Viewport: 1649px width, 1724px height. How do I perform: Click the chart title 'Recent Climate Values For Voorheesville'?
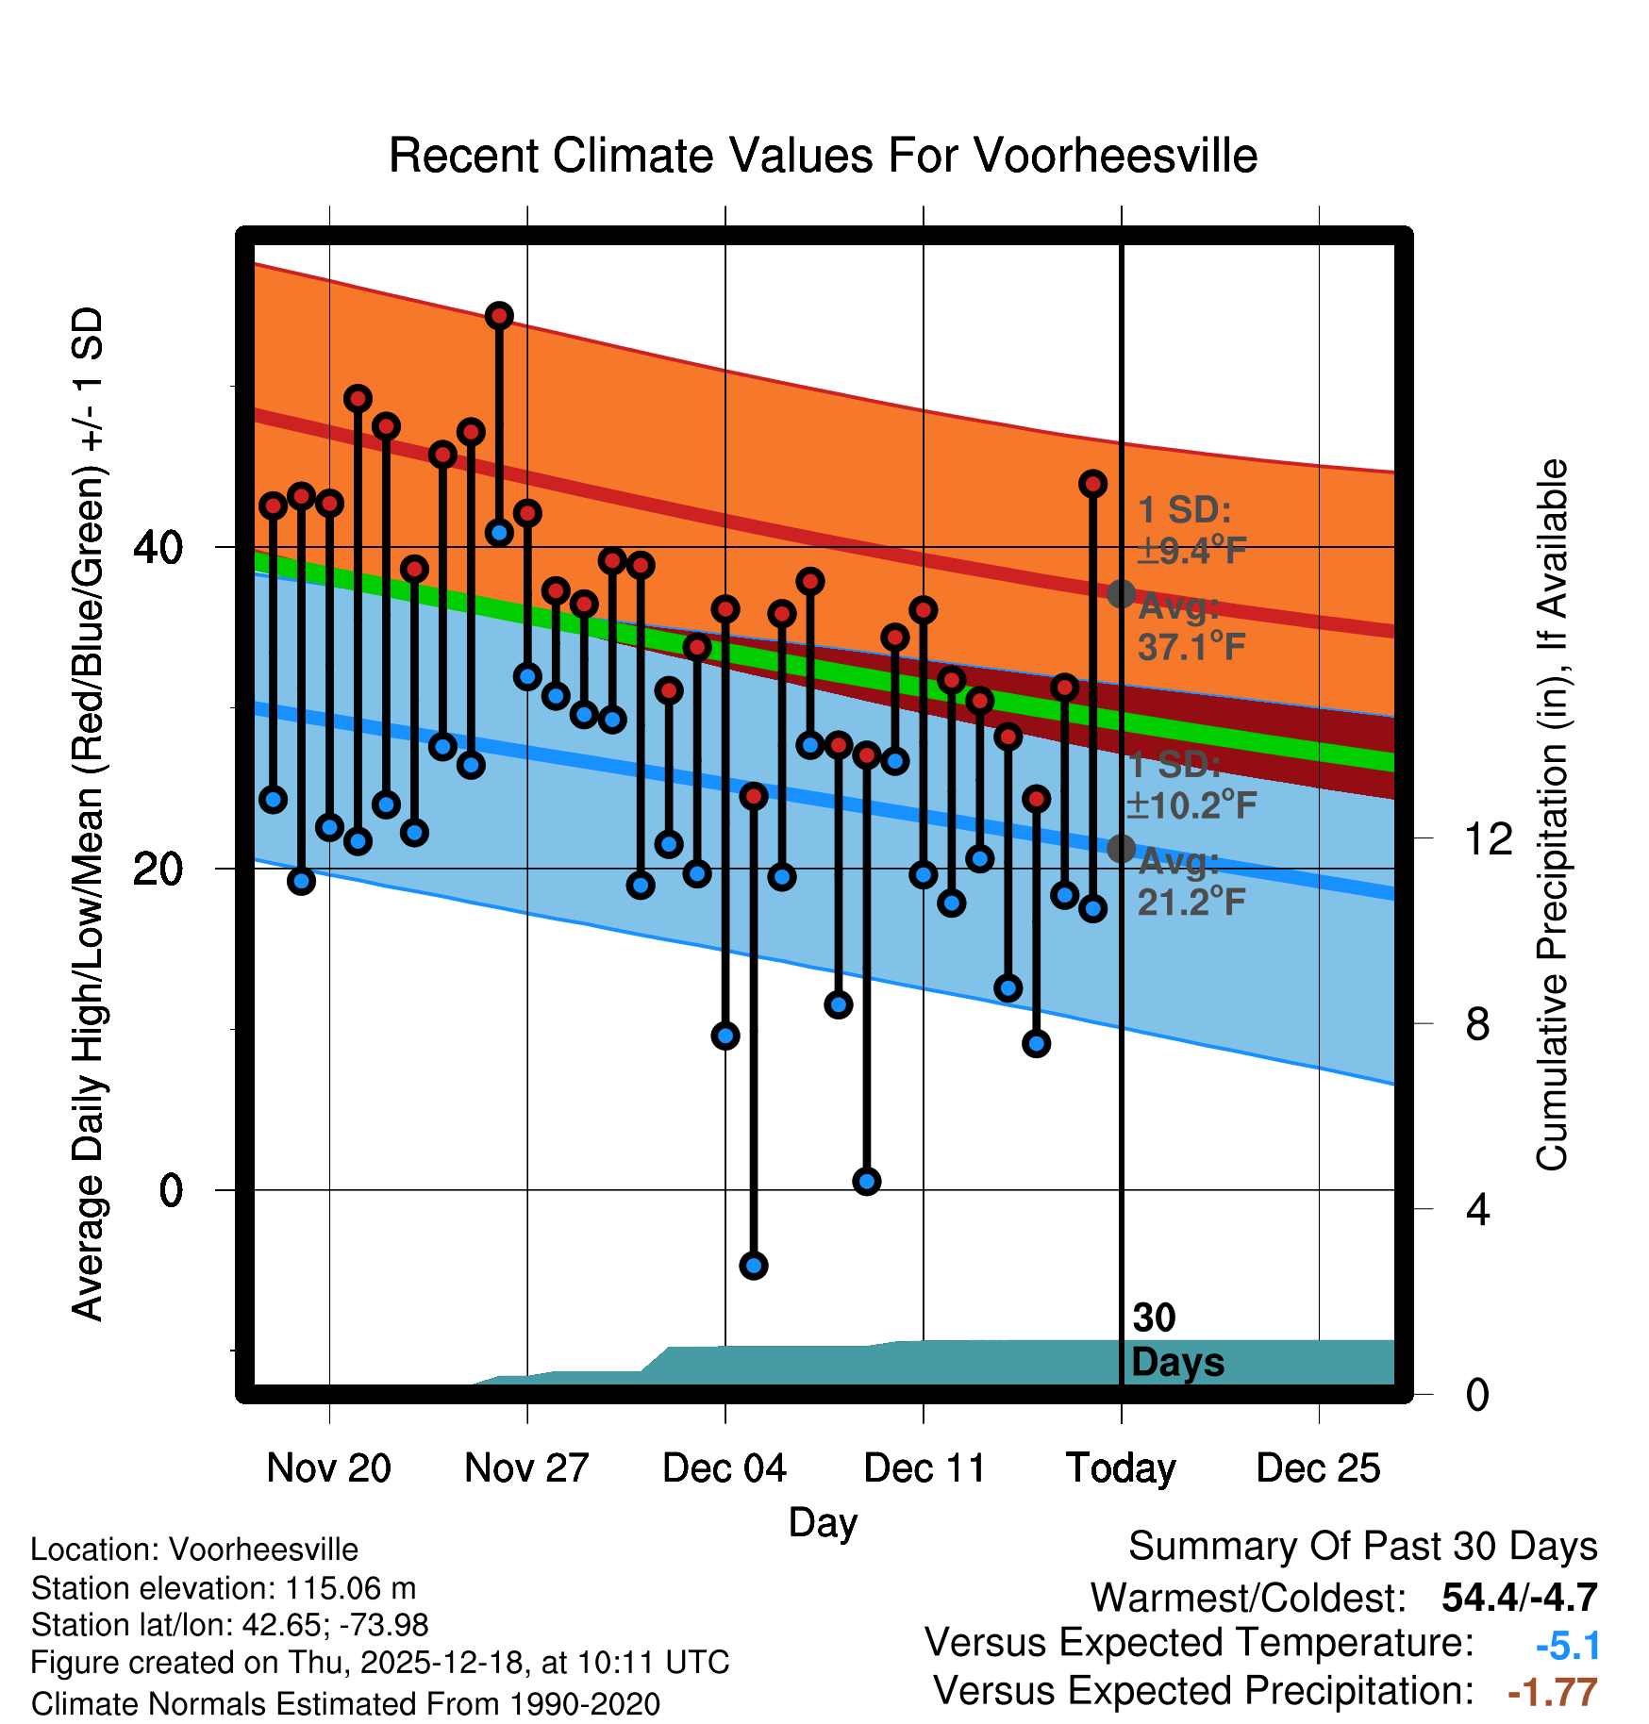[x=823, y=156]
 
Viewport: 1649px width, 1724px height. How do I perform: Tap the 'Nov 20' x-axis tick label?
[x=328, y=1467]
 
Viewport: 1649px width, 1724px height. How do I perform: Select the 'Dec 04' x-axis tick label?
[x=725, y=1467]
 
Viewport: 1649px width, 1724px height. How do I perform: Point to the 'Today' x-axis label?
[x=1121, y=1467]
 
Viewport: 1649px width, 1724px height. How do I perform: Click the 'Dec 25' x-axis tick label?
[x=1318, y=1467]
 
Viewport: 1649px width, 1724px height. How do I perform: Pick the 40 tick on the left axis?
[x=158, y=547]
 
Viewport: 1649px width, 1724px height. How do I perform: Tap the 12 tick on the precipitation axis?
[x=1489, y=838]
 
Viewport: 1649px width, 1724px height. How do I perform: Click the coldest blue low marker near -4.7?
[x=753, y=1265]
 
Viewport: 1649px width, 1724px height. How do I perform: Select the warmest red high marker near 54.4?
[x=499, y=316]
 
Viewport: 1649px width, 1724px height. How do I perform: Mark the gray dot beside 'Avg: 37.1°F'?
[x=1121, y=593]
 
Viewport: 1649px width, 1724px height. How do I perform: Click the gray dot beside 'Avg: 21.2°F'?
[x=1121, y=849]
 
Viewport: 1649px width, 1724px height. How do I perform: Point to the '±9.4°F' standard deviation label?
[x=1191, y=550]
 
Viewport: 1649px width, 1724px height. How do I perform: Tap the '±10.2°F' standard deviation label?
[x=1191, y=804]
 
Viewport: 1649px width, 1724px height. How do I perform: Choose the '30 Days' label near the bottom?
[x=1176, y=1340]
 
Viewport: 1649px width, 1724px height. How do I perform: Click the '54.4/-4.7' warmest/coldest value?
[x=1519, y=1598]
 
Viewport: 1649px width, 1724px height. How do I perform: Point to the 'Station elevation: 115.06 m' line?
[x=224, y=1588]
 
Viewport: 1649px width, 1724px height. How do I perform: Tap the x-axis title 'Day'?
[x=823, y=1522]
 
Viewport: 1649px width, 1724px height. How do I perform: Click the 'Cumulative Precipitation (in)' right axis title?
[x=1551, y=815]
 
